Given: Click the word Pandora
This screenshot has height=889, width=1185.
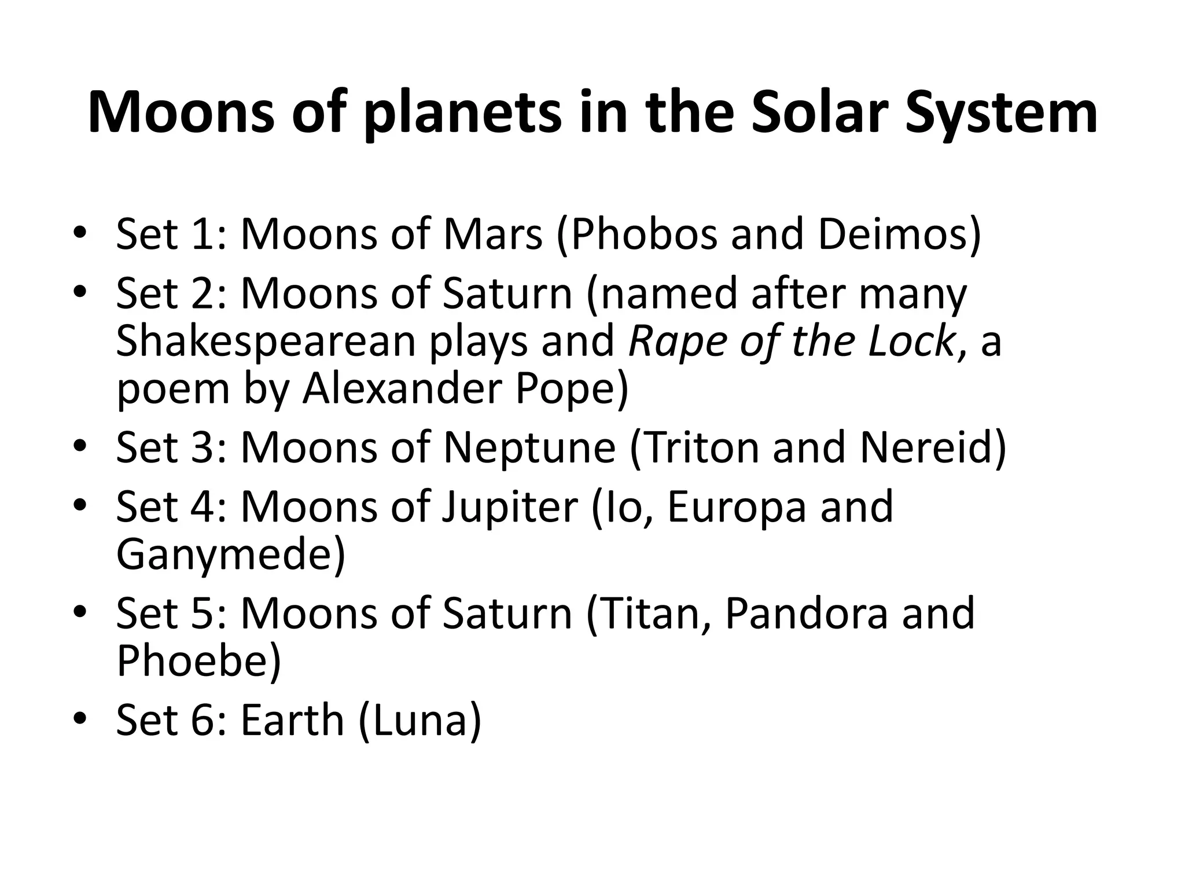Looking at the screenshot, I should tap(805, 614).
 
